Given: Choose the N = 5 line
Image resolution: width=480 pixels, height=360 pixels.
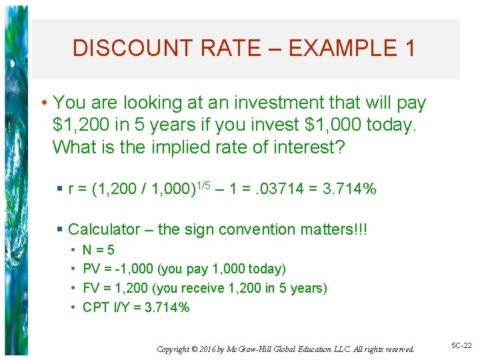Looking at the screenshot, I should tap(98, 250).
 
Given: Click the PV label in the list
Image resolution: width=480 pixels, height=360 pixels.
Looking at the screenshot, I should tap(91, 269).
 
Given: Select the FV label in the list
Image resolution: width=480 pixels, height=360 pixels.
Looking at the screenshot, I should tap(91, 288).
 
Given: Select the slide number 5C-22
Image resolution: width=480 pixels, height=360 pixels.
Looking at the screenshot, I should tap(461, 346).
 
